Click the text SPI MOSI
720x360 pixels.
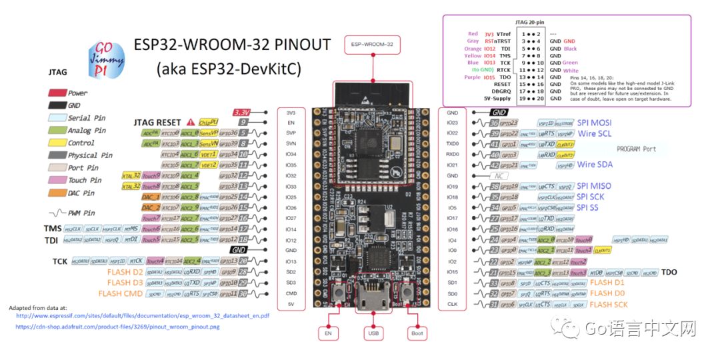[x=595, y=123]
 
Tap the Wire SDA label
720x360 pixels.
[x=595, y=165]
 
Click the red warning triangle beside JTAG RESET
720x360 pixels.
[x=191, y=123]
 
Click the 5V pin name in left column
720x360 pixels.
[x=291, y=304]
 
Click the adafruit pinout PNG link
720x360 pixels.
[x=117, y=327]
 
